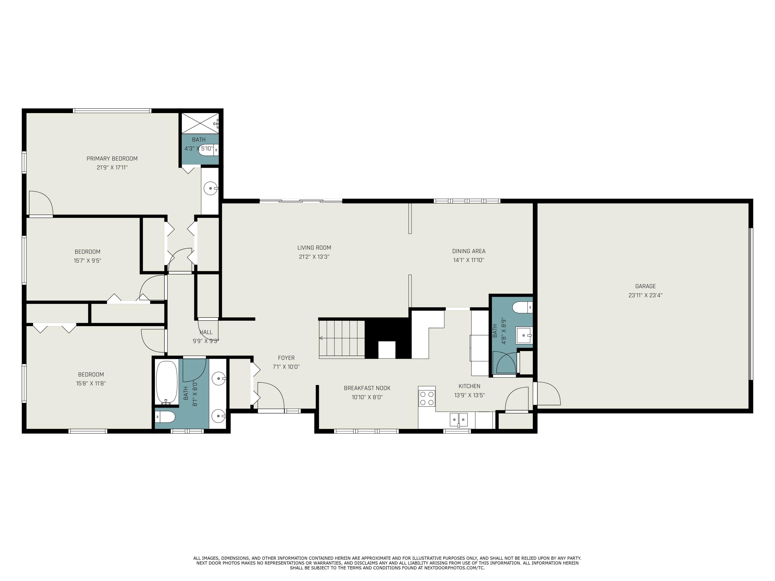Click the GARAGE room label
click(x=645, y=286)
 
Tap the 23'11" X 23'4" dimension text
click(x=645, y=295)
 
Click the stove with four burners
click(x=427, y=398)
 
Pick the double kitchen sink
click(x=459, y=419)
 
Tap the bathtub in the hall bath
click(x=167, y=382)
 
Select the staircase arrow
click(x=321, y=338)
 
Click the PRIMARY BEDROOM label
click(x=112, y=159)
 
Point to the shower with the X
click(x=200, y=123)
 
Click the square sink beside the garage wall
click(x=524, y=335)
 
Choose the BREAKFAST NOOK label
click(x=367, y=388)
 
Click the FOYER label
click(x=286, y=358)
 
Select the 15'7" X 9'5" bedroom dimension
click(x=88, y=261)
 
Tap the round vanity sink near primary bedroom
click(x=211, y=189)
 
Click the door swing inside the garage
click(x=548, y=394)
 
